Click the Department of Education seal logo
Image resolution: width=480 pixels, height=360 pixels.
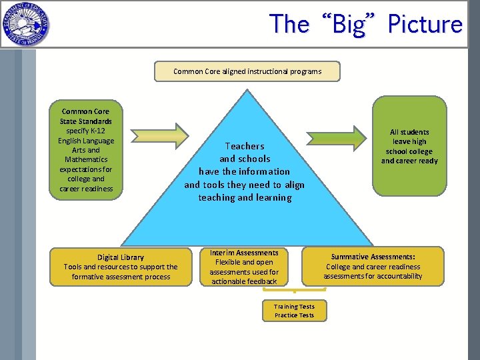coord(25,25)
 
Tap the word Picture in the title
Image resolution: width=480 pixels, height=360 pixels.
coord(425,25)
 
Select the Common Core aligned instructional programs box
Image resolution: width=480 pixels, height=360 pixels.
coord(247,71)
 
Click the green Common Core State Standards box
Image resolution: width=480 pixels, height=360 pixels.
coord(87,149)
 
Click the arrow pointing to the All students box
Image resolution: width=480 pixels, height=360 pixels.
coord(342,135)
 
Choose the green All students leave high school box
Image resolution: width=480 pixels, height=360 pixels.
coord(409,147)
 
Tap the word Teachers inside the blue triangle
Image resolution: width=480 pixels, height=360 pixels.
coord(245,146)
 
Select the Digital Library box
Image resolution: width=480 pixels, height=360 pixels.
coord(121,267)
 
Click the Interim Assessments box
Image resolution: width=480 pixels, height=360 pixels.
coord(244,267)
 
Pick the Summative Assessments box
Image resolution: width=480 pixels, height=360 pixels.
coord(373,267)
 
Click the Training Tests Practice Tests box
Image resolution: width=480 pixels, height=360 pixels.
coord(294,311)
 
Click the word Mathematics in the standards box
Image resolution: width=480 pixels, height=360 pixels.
coord(86,159)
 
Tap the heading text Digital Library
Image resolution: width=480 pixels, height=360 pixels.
coord(121,257)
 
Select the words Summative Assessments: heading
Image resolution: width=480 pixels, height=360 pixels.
coord(373,257)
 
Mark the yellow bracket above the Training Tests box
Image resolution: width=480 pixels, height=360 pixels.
coord(294,290)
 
